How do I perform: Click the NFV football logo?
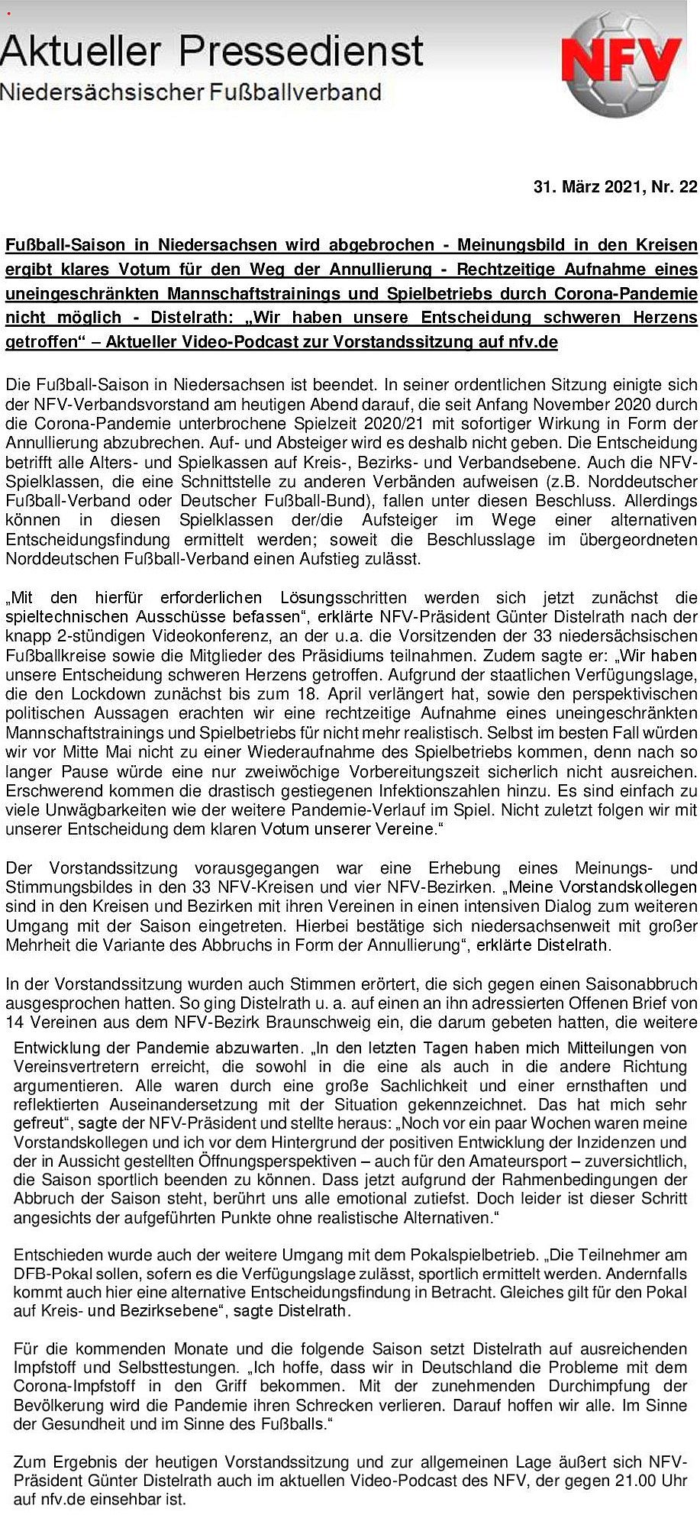pos(620,63)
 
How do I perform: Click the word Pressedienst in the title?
pos(302,50)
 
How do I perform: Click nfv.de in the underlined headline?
pos(533,342)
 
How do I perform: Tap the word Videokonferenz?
pos(193,636)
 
